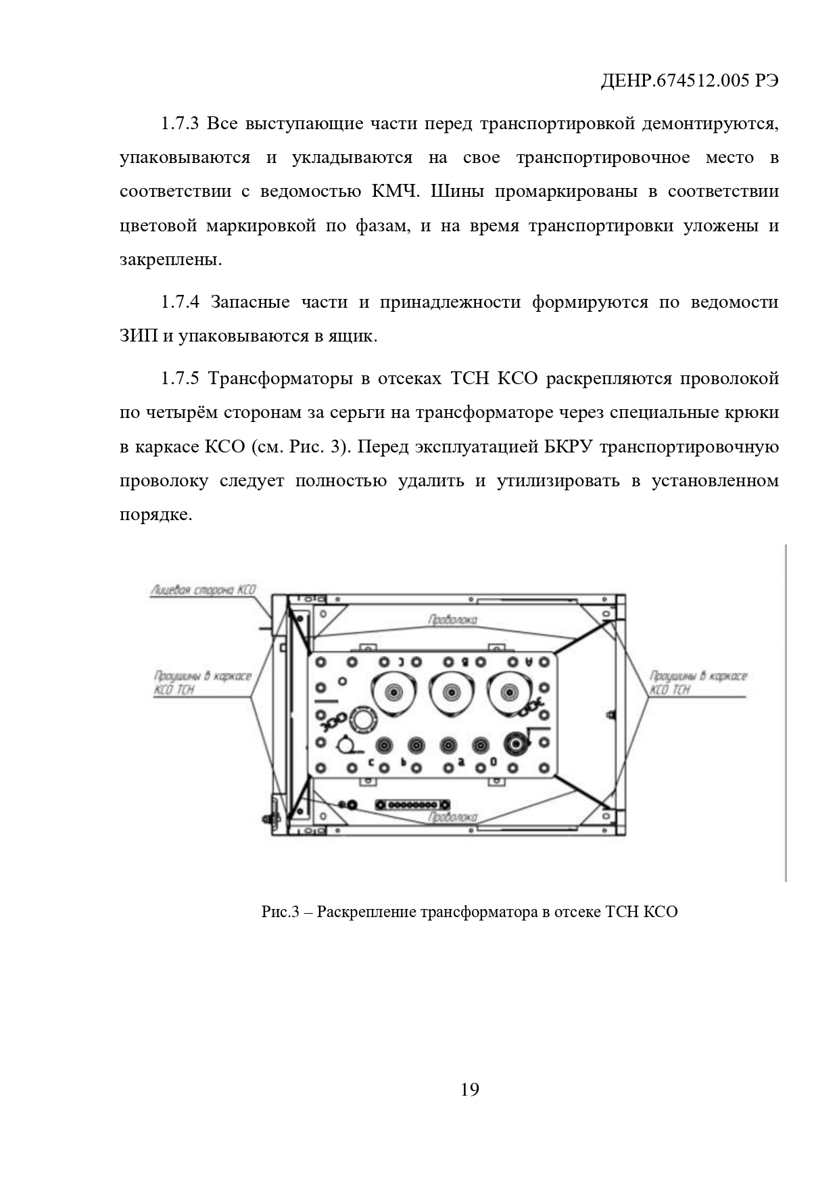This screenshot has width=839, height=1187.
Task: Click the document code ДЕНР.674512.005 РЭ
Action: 690,82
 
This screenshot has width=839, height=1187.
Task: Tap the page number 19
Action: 470,1090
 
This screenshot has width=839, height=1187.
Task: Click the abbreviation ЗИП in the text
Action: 138,336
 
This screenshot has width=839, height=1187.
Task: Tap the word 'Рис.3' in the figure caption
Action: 280,912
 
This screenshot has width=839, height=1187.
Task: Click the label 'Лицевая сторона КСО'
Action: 203,590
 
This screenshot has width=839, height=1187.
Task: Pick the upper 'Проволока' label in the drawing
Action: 452,620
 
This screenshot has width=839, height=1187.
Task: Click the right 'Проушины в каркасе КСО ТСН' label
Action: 698,682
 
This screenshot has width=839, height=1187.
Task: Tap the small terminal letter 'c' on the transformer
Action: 371,763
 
